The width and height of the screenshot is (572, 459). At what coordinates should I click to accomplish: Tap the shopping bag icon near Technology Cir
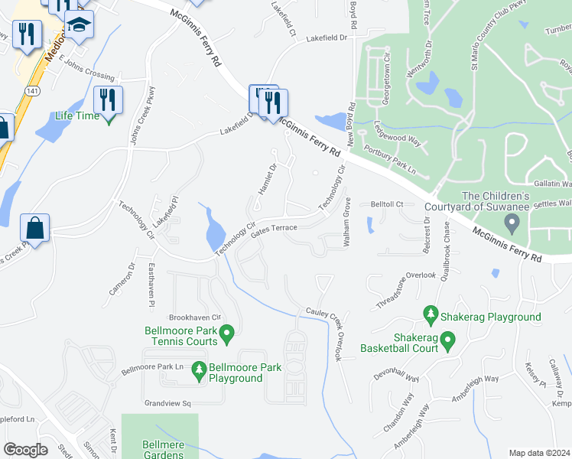tap(35, 227)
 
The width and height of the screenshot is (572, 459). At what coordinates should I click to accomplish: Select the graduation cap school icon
tap(79, 24)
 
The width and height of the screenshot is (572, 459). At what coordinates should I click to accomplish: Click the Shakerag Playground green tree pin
tap(431, 315)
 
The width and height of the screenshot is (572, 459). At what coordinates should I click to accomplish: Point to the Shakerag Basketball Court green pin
tap(448, 338)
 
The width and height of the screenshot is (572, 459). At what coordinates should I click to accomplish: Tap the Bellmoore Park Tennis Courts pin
tap(226, 333)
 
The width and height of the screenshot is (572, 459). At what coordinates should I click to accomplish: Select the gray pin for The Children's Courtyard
tap(513, 223)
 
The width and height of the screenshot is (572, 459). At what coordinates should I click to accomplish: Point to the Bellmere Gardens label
tap(163, 449)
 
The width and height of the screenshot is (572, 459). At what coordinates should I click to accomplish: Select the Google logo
tap(25, 450)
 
